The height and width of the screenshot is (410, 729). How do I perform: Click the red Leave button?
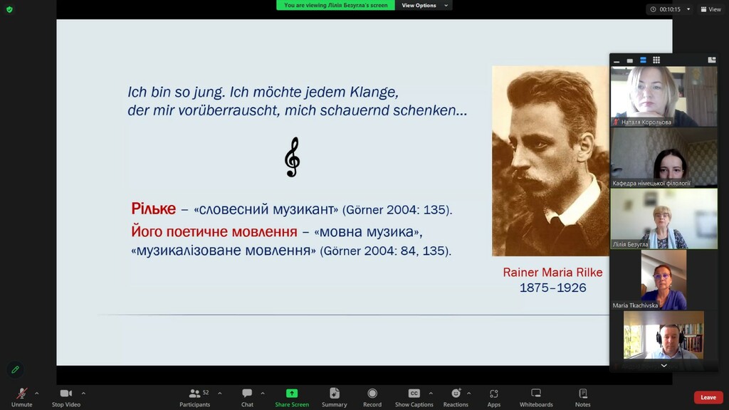tap(708, 397)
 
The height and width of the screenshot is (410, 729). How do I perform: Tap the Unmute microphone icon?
tap(21, 393)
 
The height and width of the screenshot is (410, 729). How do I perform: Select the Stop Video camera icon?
tap(66, 393)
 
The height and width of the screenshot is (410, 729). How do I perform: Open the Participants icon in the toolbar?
tap(195, 393)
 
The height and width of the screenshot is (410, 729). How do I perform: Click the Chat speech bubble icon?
tap(247, 393)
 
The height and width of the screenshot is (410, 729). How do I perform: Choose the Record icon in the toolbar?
tap(372, 393)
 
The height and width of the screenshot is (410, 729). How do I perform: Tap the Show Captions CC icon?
tap(414, 393)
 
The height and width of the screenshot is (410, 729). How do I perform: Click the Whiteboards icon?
tap(536, 393)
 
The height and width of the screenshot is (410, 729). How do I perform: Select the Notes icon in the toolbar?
tap(582, 393)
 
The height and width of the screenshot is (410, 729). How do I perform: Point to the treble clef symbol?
tap(293, 157)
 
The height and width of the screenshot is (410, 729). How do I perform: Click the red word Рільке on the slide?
tap(154, 209)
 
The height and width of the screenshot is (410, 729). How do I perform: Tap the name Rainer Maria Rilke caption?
tap(552, 273)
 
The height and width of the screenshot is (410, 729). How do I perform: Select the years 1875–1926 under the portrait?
tap(552, 288)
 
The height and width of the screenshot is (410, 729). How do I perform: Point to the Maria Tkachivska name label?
tap(635, 305)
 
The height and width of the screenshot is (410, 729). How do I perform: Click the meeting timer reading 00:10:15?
tap(670, 9)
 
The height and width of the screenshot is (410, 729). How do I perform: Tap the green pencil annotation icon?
tap(16, 369)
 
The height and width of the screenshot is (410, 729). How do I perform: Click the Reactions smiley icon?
tap(456, 393)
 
